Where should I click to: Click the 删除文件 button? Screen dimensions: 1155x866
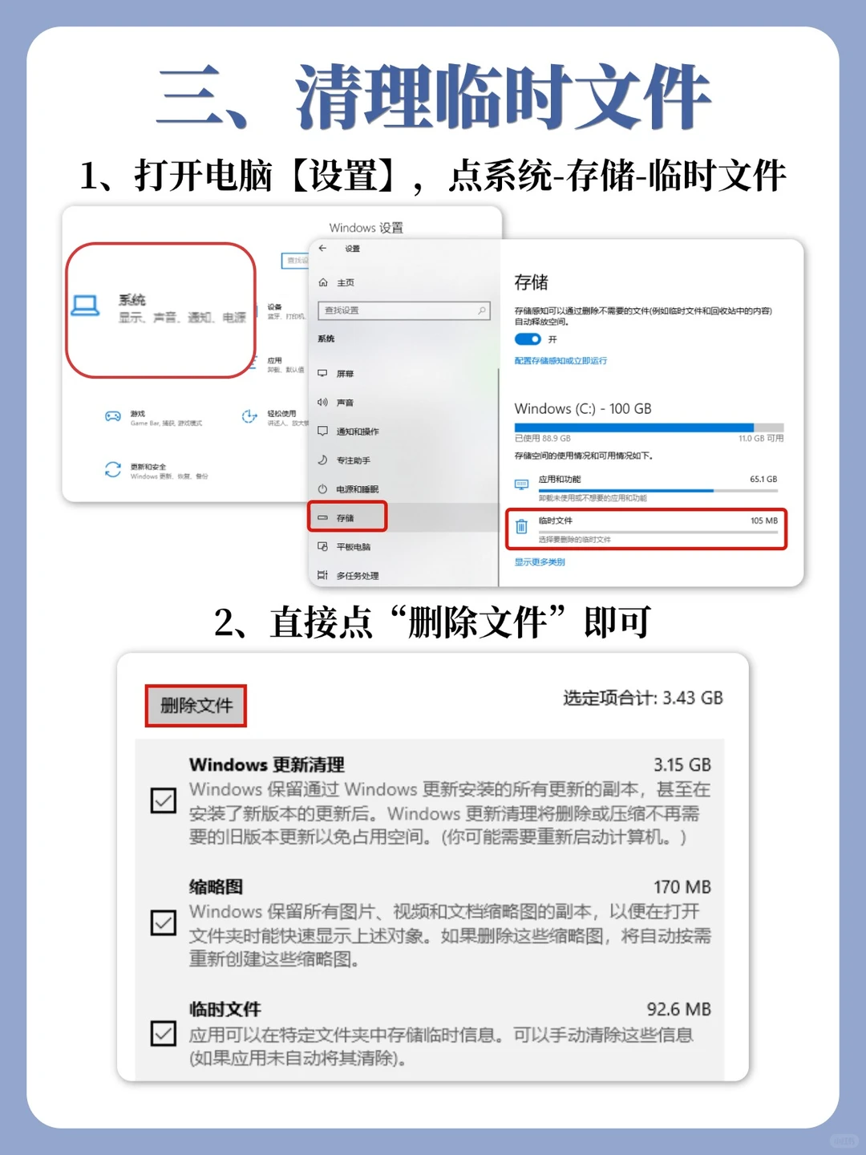point(196,706)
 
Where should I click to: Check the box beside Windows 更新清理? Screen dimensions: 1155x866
point(164,800)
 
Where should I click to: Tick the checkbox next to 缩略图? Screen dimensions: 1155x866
point(164,922)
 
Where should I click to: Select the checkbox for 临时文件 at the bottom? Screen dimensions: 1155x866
point(164,1033)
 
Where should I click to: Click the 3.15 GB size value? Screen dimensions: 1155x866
point(682,765)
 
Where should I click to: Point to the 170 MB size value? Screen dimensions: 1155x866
point(682,887)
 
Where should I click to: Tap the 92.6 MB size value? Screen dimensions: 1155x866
point(678,1009)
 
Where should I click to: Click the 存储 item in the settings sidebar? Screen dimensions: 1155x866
point(347,517)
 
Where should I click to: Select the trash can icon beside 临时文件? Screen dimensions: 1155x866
point(522,527)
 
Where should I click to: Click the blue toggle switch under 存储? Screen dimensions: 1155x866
point(528,339)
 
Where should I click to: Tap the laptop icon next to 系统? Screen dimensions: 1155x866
point(85,306)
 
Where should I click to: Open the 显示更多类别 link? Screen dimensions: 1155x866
point(540,562)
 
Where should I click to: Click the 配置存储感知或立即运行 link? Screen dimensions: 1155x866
point(560,361)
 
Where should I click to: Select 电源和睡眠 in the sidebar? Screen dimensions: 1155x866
point(357,489)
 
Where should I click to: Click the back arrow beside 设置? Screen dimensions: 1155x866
point(323,249)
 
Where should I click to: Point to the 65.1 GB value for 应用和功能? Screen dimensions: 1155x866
point(763,480)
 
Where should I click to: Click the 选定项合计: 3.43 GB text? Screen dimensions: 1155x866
point(642,698)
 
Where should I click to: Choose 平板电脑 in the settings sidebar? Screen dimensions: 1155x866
point(353,547)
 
